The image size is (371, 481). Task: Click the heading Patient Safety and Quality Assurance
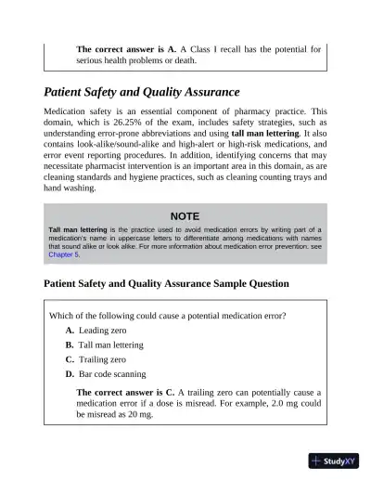coord(142,93)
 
